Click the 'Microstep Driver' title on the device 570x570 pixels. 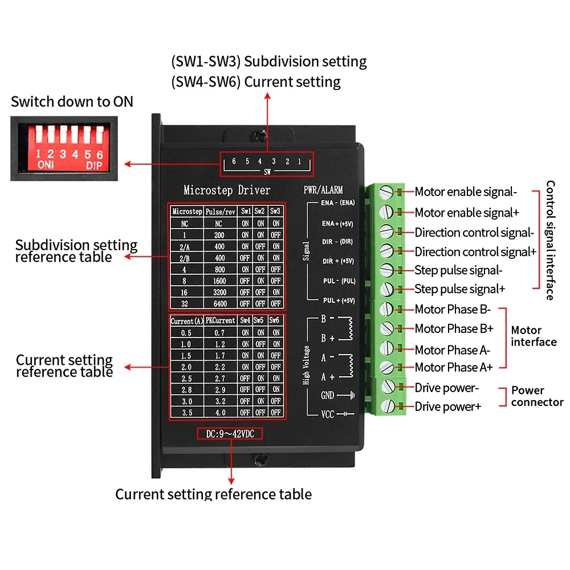[227, 190]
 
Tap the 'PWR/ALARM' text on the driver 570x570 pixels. [323, 190]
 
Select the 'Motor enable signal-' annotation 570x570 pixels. [466, 192]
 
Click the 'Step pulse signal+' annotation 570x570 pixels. [459, 289]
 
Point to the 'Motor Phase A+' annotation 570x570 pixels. [454, 367]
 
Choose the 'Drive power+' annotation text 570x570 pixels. [448, 407]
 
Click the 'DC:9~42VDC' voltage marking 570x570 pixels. [230, 434]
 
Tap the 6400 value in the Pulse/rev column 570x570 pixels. [219, 303]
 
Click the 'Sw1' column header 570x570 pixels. [245, 211]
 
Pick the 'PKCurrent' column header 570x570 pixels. [221, 321]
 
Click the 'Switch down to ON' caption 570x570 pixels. [72, 102]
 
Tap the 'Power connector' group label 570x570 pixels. [537, 396]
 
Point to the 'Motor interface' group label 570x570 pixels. [534, 336]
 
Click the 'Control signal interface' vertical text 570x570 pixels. [550, 240]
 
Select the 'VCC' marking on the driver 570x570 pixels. [328, 414]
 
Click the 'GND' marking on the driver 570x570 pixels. [328, 396]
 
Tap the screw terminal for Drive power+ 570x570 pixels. [388, 406]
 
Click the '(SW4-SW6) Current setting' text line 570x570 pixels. [256, 82]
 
